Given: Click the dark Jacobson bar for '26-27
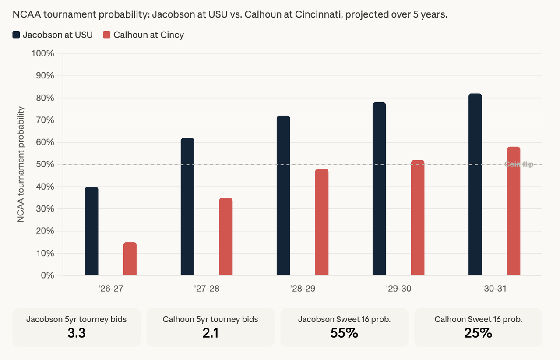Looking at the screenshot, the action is click(92, 231).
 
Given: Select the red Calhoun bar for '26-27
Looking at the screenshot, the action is click(130, 258).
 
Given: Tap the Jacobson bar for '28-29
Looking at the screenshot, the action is click(283, 195).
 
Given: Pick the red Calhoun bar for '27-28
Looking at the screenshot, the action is click(226, 236).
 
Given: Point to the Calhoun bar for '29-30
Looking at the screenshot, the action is click(418, 218).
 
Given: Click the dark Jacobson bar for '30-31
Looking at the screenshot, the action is click(475, 184).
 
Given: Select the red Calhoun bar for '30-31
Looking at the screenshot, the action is click(514, 211).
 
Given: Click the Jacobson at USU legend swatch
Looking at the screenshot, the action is click(16, 35).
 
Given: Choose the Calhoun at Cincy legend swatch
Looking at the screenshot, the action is click(107, 35).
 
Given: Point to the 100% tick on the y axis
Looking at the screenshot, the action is click(42, 53).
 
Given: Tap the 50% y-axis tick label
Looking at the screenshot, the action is click(45, 164).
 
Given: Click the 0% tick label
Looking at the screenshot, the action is click(47, 275).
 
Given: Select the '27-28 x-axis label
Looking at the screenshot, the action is click(207, 289).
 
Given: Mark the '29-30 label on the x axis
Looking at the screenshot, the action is click(398, 289).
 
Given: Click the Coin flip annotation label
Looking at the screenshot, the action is click(519, 164).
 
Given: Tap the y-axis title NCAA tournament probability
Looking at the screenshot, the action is click(21, 164).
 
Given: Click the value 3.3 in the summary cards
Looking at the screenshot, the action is click(77, 333).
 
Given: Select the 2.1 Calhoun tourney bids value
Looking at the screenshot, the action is click(210, 333).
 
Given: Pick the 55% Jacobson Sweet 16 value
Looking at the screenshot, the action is click(344, 333).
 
